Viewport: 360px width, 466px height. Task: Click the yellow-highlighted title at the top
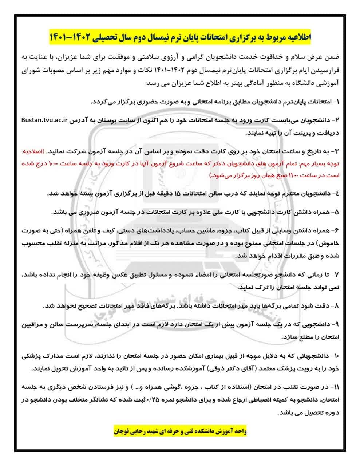180,37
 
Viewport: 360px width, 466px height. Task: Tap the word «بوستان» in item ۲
147,120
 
